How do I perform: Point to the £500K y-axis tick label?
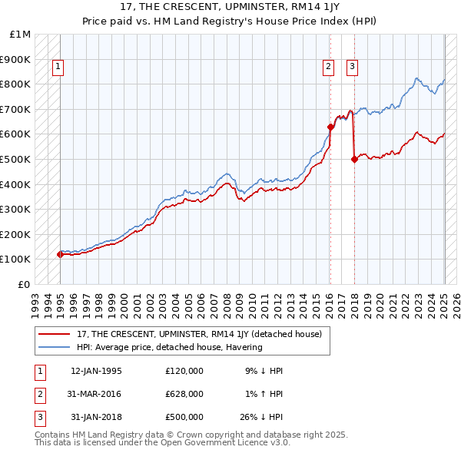[15, 159]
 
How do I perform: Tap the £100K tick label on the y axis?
[15, 259]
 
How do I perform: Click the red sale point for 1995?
[60, 254]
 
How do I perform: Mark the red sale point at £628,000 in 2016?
[330, 127]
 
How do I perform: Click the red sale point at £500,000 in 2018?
[354, 159]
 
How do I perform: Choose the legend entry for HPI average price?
[169, 347]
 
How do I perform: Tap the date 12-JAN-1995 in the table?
[96, 371]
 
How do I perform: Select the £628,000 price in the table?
[184, 394]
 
